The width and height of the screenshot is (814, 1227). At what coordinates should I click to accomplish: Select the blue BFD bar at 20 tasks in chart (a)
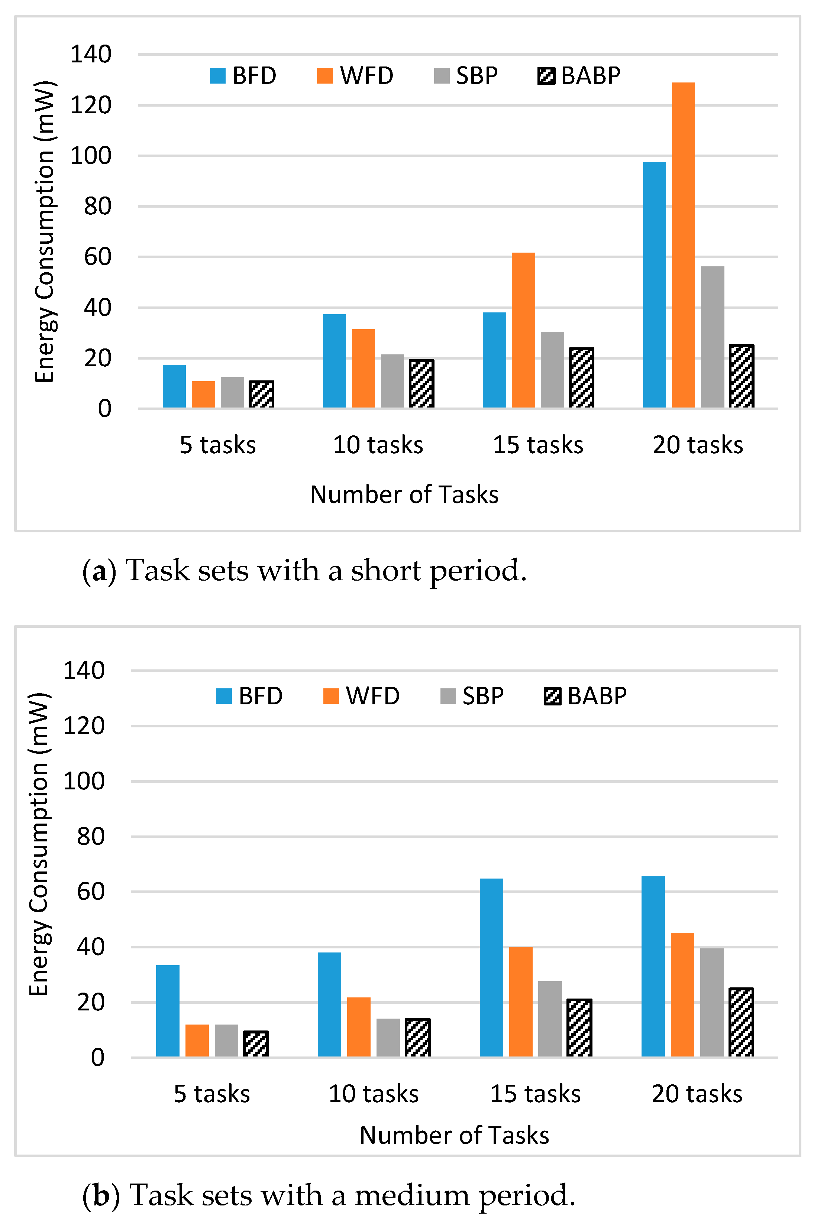[x=654, y=285]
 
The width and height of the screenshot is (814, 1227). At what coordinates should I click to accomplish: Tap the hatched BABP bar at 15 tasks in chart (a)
[x=581, y=378]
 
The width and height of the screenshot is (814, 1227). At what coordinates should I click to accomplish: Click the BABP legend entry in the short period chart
[x=579, y=76]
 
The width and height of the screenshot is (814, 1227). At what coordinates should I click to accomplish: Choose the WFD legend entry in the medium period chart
[x=362, y=696]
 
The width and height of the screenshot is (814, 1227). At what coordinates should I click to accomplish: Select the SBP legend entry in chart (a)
[x=466, y=76]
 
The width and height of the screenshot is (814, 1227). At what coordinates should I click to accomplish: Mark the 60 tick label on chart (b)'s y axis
[x=91, y=891]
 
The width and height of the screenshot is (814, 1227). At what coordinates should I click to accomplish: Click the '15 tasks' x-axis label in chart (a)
[x=538, y=445]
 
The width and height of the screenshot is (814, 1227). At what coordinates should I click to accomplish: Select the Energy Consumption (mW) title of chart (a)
[x=45, y=231]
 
